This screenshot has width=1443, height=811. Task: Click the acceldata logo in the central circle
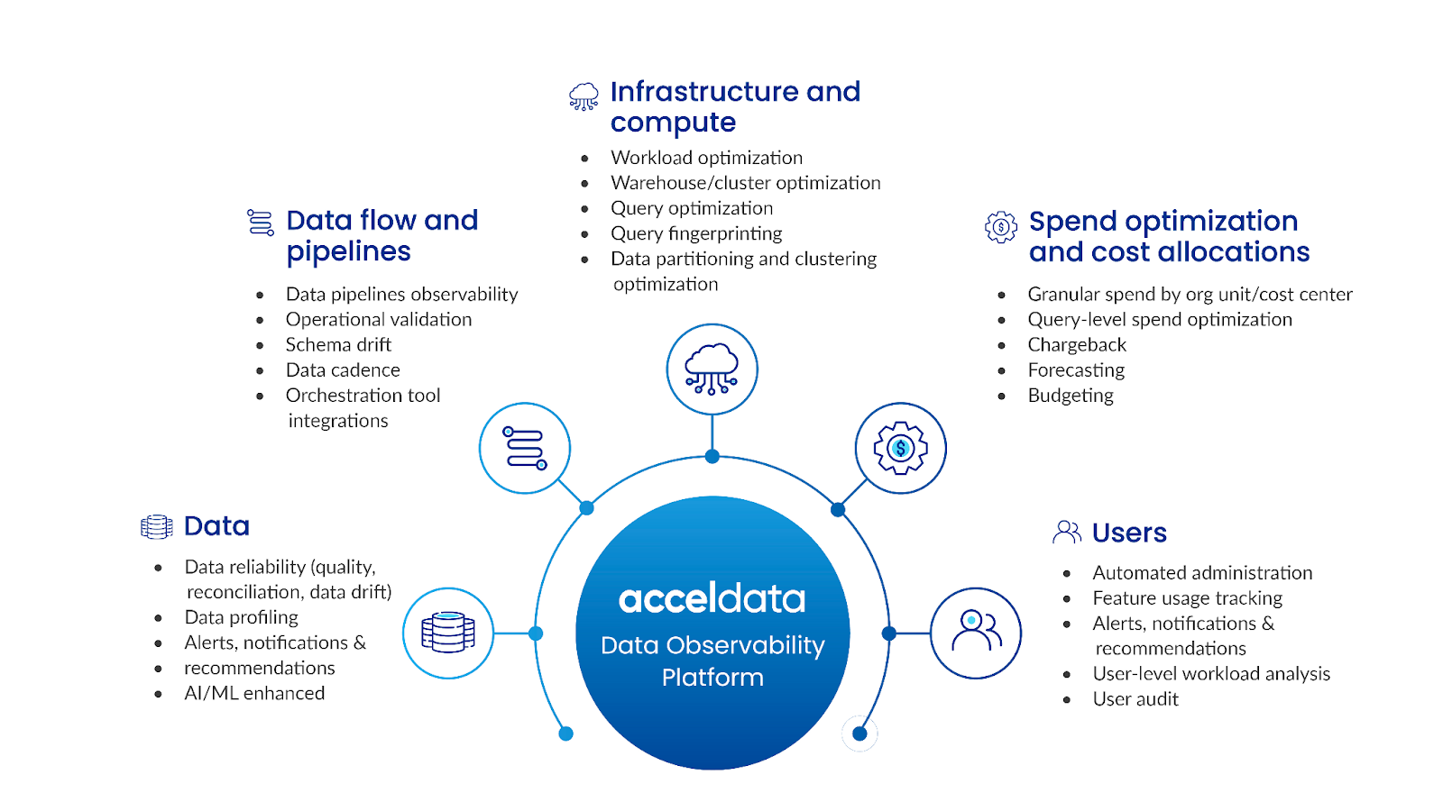tap(712, 598)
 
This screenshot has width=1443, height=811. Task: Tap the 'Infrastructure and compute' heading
tap(735, 106)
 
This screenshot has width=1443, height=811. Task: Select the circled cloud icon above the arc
tap(712, 369)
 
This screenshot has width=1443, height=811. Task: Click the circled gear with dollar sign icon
tap(900, 448)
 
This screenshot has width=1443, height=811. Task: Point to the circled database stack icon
tap(448, 633)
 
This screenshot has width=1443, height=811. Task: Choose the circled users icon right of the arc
tap(976, 633)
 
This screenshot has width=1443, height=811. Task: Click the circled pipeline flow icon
tap(525, 448)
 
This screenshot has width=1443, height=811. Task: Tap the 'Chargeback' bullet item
tap(1077, 345)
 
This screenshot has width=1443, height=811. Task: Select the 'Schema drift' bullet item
tap(338, 345)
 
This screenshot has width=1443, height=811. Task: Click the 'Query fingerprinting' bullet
tap(696, 233)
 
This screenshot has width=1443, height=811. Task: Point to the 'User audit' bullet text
tap(1135, 699)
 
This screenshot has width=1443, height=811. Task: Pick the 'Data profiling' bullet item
tap(241, 617)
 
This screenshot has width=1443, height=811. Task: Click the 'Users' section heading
tap(1129, 533)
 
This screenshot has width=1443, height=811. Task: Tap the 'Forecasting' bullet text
tap(1076, 370)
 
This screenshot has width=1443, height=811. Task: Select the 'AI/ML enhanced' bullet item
tap(254, 693)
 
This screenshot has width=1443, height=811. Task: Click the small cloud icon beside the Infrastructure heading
tap(584, 96)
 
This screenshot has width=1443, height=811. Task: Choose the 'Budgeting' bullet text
tap(1071, 396)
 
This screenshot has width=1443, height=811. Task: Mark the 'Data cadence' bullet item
tap(343, 370)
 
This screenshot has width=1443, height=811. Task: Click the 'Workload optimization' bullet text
tap(706, 158)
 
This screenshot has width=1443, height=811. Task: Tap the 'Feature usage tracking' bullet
tap(1187, 598)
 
